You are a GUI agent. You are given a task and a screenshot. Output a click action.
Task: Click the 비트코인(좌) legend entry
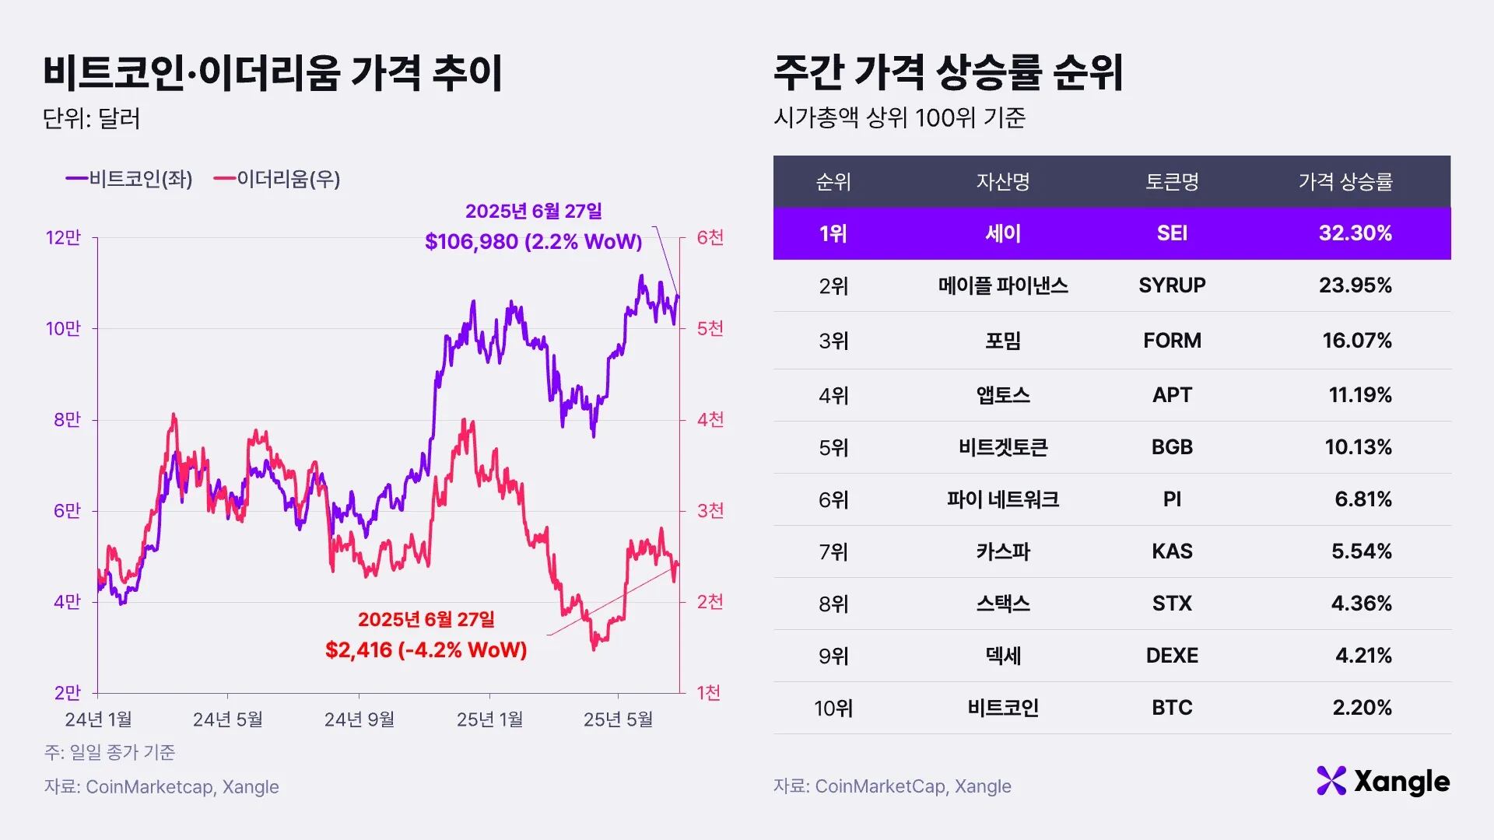[x=129, y=179]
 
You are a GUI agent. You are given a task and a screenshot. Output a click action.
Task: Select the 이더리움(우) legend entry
[x=277, y=179]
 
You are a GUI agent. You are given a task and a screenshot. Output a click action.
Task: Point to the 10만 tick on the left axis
[x=63, y=328]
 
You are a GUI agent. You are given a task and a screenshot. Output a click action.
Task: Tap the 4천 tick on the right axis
[x=710, y=419]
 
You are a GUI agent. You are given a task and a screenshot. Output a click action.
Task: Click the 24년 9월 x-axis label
[x=359, y=719]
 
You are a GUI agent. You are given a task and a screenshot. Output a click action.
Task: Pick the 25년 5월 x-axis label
[x=618, y=719]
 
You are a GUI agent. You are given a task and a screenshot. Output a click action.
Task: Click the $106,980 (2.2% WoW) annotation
[x=533, y=241]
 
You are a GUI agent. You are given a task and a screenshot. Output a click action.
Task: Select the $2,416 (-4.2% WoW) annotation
[x=426, y=649]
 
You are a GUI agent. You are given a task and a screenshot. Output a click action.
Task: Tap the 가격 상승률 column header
[x=1345, y=182]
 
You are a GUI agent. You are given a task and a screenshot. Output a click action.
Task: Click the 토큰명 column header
[x=1172, y=182]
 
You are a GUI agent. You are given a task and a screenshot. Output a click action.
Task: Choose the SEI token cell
[x=1172, y=233]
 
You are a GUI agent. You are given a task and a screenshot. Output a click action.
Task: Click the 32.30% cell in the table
[x=1355, y=233]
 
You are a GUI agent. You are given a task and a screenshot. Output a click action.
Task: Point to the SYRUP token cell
[x=1172, y=285]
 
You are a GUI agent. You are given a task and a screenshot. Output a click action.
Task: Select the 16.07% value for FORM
[x=1356, y=340]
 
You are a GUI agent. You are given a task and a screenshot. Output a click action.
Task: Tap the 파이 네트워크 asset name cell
[x=1002, y=499]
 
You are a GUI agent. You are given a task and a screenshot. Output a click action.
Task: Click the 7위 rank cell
[x=833, y=551]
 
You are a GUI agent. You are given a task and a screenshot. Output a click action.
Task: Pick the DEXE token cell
[x=1172, y=656]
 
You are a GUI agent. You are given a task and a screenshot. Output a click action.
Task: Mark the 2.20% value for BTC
[x=1362, y=708]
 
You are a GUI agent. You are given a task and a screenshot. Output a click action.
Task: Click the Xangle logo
[x=1383, y=781]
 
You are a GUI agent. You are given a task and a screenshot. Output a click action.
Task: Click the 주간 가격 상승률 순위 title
[x=948, y=72]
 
